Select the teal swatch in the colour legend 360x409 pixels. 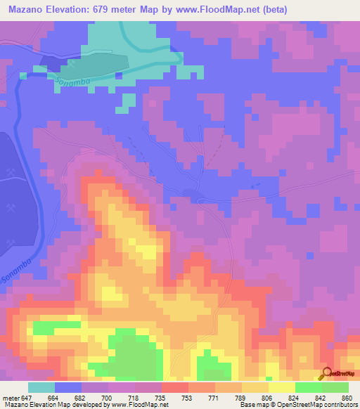41,387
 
